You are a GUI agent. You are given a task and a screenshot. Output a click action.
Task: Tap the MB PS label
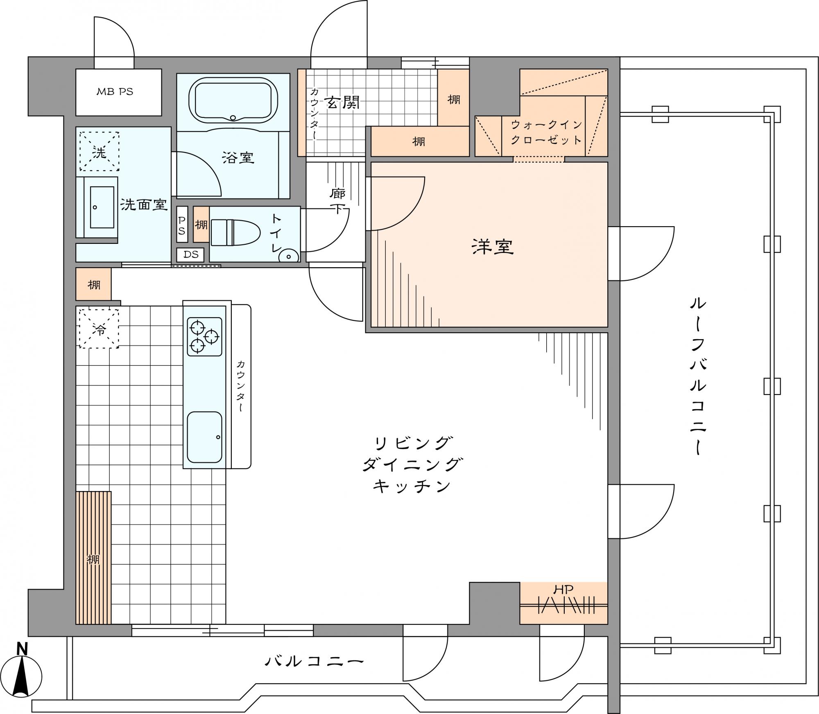tap(115, 92)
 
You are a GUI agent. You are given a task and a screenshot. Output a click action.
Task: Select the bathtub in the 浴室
tap(233, 101)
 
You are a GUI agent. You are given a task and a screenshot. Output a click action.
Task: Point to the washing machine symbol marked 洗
tap(99, 151)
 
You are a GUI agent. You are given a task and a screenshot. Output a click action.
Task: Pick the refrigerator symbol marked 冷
tap(99, 329)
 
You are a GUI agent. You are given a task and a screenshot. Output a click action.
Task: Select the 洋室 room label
tap(493, 247)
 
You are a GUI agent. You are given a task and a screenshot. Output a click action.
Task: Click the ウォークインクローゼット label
tap(546, 132)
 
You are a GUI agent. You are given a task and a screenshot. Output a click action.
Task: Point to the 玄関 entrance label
tap(342, 102)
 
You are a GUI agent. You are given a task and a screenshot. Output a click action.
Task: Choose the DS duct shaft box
tap(191, 255)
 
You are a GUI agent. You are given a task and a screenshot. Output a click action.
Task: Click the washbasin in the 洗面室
tap(102, 207)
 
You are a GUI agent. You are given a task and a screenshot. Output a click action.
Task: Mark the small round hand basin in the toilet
tap(288, 257)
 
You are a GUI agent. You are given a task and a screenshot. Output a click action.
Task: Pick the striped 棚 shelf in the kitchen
tap(93, 558)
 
